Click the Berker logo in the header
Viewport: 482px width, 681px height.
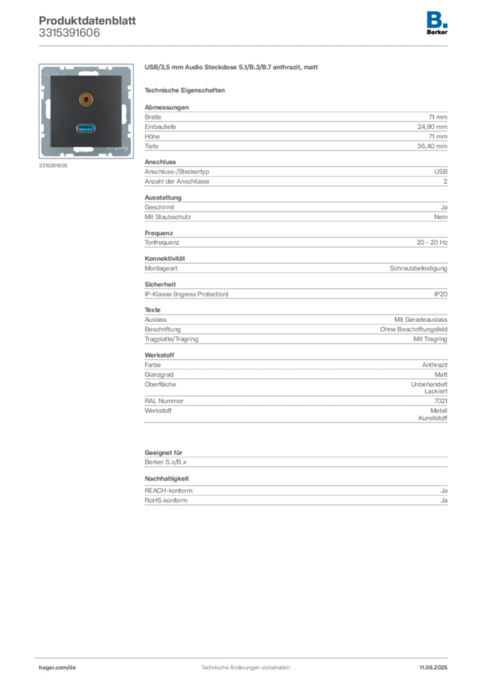437,23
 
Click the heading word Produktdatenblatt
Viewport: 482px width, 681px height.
87,21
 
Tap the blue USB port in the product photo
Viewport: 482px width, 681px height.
86,128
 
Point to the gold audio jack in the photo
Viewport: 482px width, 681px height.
86,100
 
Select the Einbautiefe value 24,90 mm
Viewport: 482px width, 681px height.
432,127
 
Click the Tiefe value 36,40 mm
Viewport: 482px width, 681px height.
432,146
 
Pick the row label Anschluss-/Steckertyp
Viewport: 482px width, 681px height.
177,172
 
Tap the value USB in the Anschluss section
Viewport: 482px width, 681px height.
441,172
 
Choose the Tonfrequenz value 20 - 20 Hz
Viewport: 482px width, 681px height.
432,242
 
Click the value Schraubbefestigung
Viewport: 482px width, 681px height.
419,269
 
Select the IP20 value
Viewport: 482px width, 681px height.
441,294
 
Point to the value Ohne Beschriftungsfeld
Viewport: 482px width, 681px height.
414,329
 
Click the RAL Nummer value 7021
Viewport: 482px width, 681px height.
441,401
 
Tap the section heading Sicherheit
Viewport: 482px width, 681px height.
160,285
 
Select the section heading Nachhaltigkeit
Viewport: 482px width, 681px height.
167,479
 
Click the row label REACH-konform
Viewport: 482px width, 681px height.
168,491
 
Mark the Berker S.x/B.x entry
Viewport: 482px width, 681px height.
166,462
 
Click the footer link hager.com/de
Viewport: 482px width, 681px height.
57,668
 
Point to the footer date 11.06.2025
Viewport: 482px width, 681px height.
433,668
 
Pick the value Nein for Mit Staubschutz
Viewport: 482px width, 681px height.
441,217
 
